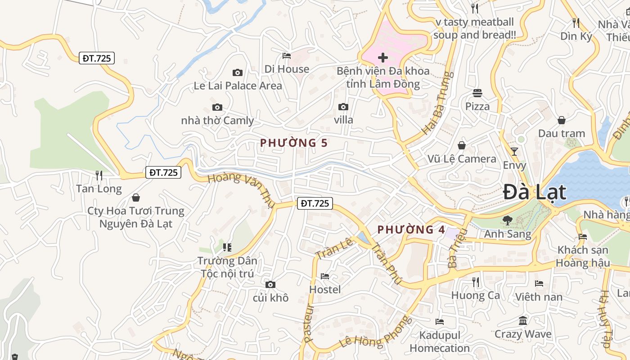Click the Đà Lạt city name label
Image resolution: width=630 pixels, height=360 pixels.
point(534,192)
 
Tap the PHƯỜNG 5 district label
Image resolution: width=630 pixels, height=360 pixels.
point(294,143)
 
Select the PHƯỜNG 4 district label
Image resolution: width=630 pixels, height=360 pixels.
point(411,229)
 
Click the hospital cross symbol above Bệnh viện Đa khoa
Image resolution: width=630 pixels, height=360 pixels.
point(383,58)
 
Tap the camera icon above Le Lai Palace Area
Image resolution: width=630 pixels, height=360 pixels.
point(238,72)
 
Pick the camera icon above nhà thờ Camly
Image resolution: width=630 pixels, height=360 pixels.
point(217,107)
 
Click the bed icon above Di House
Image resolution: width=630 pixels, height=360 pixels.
point(287,56)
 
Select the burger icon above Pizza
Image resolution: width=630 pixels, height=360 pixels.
point(477,93)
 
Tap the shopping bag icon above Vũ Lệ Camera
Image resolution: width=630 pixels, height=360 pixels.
point(462,145)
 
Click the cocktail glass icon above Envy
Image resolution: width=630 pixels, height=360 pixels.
point(514,151)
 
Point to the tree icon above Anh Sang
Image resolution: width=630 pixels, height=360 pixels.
point(508,220)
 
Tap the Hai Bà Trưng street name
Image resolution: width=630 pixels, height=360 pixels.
point(436,103)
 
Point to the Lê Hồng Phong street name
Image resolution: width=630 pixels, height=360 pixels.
point(376,333)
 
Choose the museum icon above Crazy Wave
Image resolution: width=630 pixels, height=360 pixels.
point(523,321)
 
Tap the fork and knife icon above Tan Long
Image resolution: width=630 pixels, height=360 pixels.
point(99,175)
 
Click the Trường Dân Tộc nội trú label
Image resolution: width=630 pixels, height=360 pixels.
point(227,267)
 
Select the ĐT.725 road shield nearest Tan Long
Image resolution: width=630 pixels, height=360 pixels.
point(163,172)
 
